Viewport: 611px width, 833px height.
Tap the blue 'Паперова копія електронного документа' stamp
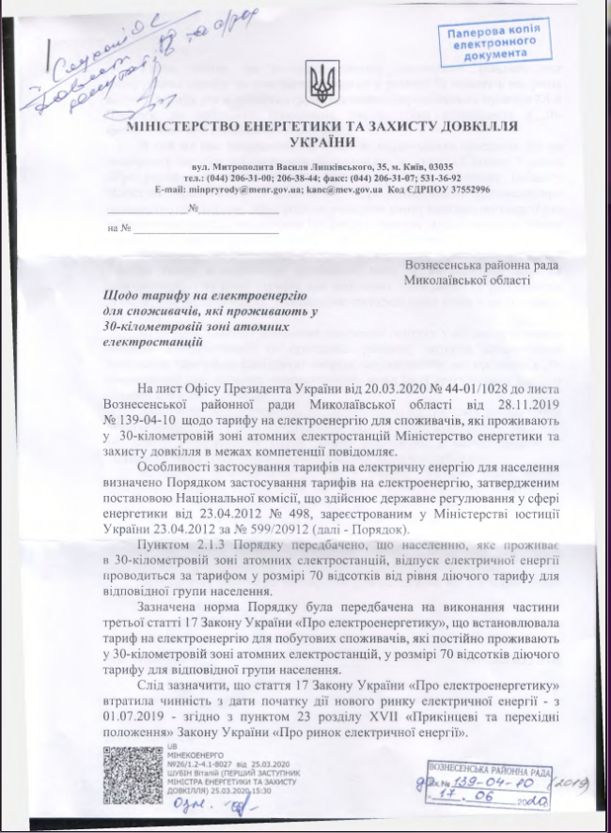(x=493, y=43)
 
